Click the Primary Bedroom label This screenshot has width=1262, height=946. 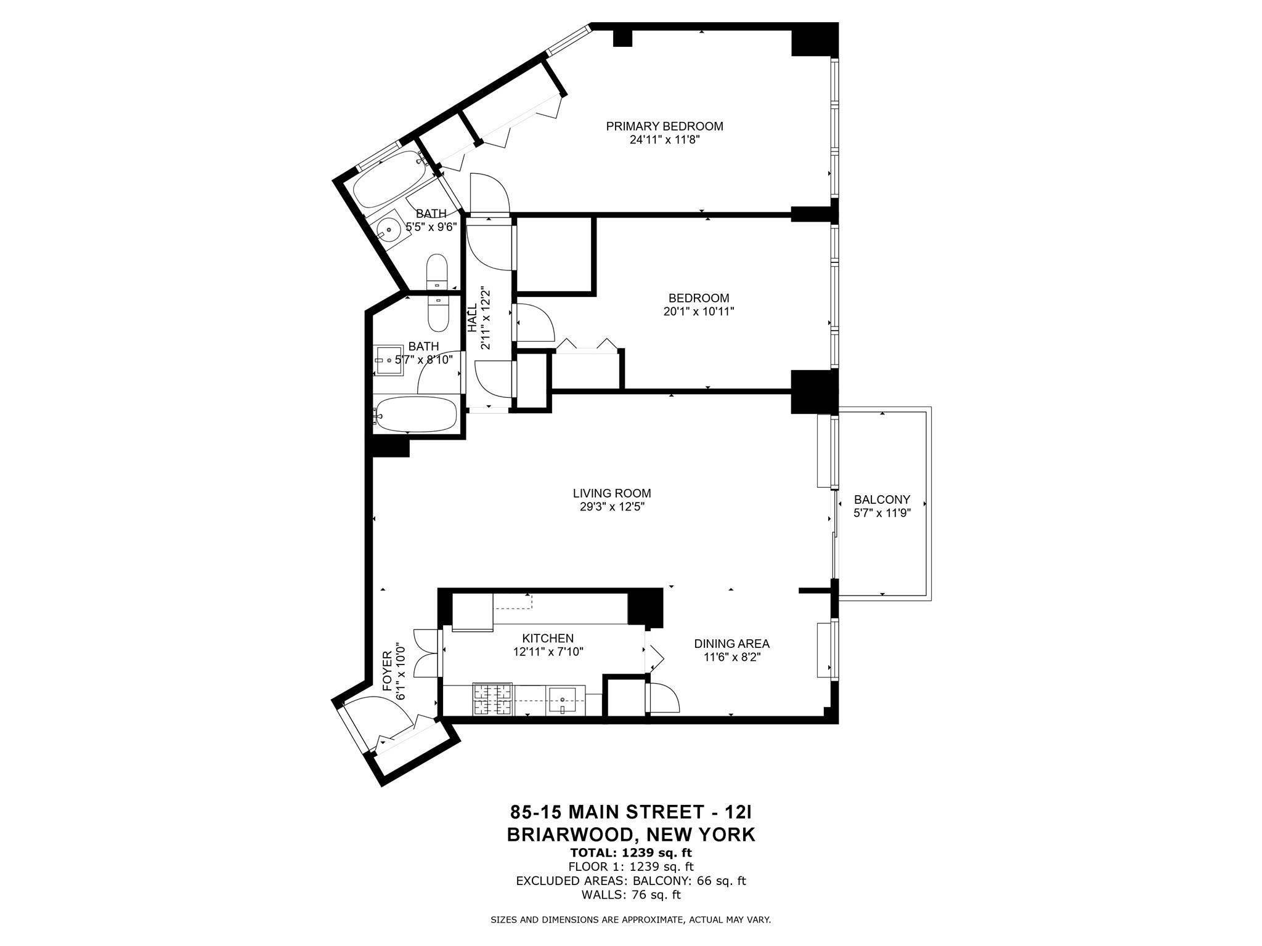pos(664,126)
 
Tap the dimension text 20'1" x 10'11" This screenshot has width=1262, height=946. pos(698,312)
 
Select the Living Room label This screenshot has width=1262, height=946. pos(611,493)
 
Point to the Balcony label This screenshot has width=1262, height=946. pos(882,499)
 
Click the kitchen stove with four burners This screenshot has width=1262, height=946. pos(492,700)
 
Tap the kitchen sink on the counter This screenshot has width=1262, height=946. pos(563,699)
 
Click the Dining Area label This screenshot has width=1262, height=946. pos(731,644)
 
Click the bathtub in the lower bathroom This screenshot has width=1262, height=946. pos(416,413)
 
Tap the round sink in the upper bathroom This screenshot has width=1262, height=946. pos(388,230)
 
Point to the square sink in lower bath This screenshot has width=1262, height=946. pos(388,361)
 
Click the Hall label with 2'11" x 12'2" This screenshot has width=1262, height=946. pos(479,318)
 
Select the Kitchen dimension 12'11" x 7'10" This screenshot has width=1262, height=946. pos(548,651)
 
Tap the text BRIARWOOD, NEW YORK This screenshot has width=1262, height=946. pos(630,835)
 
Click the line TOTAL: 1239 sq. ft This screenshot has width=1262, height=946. pos(630,853)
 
